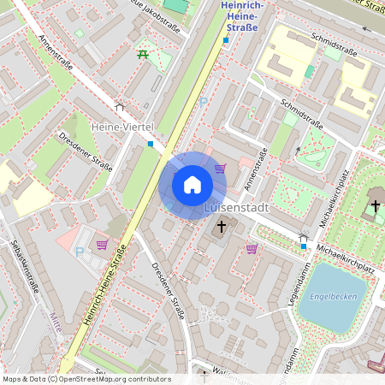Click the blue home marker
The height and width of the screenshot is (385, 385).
click(x=192, y=184)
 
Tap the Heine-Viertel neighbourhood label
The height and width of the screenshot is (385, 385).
click(x=121, y=127)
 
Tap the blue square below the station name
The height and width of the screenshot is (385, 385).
click(x=226, y=39)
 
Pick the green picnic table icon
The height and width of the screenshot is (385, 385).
click(x=142, y=55)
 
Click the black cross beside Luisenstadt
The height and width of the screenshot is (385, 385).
click(x=222, y=227)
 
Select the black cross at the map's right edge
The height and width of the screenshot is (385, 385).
click(x=375, y=206)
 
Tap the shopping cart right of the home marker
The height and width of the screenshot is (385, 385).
click(x=220, y=169)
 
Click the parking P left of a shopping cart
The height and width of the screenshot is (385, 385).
click(x=80, y=252)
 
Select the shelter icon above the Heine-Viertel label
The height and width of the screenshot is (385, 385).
click(x=119, y=109)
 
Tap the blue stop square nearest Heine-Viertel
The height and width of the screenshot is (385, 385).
click(x=151, y=144)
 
